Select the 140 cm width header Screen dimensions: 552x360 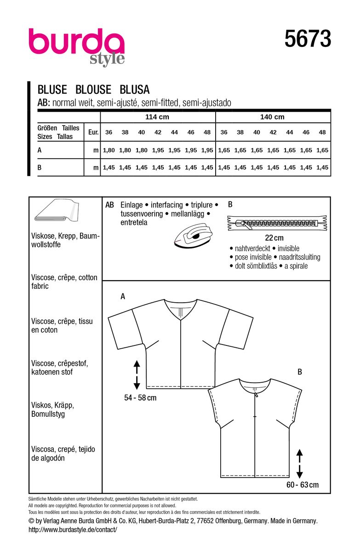click(x=273, y=117)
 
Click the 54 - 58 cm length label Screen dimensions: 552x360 click(x=137, y=397)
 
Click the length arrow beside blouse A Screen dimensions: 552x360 click(x=137, y=374)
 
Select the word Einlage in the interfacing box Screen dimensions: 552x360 click(x=131, y=205)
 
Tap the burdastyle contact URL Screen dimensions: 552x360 click(x=73, y=530)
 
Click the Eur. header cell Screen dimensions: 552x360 click(x=93, y=132)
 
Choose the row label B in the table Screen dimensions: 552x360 click(x=40, y=168)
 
